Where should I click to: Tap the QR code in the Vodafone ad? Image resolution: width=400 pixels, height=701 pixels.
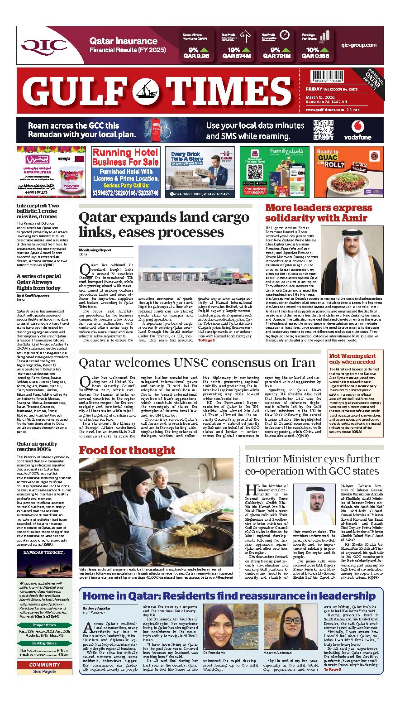point(323,130)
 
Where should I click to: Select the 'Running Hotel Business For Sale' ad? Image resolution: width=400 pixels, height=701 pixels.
point(125,172)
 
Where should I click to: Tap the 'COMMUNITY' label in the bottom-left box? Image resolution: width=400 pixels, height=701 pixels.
point(44,665)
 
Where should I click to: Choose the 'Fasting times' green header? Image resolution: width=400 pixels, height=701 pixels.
point(44,643)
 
